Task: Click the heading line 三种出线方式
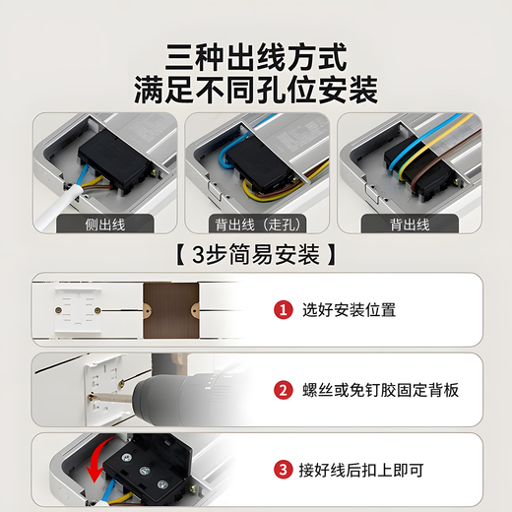(x=256, y=54)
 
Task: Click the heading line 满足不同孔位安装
(x=256, y=90)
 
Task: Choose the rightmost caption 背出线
(x=406, y=224)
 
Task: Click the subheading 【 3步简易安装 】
(x=255, y=254)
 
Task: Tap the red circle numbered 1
(x=284, y=310)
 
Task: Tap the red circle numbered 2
(x=284, y=391)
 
